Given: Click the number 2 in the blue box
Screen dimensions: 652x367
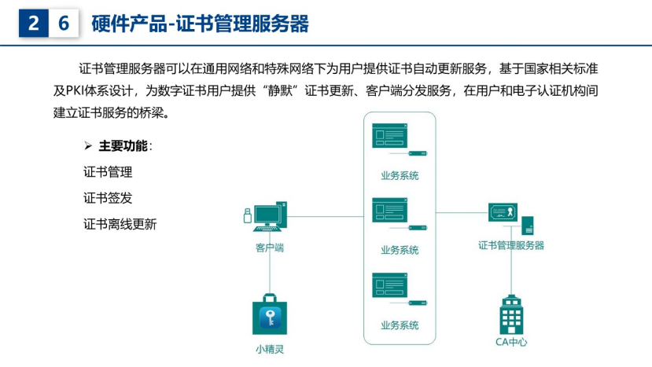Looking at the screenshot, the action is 34,24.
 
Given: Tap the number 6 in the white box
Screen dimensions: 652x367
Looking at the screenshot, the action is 64,24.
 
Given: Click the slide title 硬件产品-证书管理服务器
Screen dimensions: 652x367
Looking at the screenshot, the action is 200,24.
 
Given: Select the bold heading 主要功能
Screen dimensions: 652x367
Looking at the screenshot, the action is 123,146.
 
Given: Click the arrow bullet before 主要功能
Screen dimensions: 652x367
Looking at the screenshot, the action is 88,146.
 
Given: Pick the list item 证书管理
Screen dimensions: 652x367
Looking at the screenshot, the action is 108,172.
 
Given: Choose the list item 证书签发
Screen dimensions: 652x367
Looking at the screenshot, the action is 108,198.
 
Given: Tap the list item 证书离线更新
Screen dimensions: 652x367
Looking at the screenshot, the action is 120,225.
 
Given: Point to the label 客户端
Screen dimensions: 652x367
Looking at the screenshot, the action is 270,248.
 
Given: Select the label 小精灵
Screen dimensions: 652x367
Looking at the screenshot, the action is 270,349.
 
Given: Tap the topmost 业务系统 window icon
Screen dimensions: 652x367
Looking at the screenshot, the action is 389,135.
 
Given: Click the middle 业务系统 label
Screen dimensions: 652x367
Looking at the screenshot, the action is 400,250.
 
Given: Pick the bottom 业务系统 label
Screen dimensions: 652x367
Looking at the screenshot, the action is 400,325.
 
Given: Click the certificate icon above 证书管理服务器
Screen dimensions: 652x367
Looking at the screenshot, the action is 503,212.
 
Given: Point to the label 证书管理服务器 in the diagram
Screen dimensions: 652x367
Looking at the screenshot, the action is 511,246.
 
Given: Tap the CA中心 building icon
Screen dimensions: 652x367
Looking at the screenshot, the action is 511,314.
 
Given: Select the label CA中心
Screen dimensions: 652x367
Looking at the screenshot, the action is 511,342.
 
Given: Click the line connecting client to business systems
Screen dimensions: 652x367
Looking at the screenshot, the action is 326,217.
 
